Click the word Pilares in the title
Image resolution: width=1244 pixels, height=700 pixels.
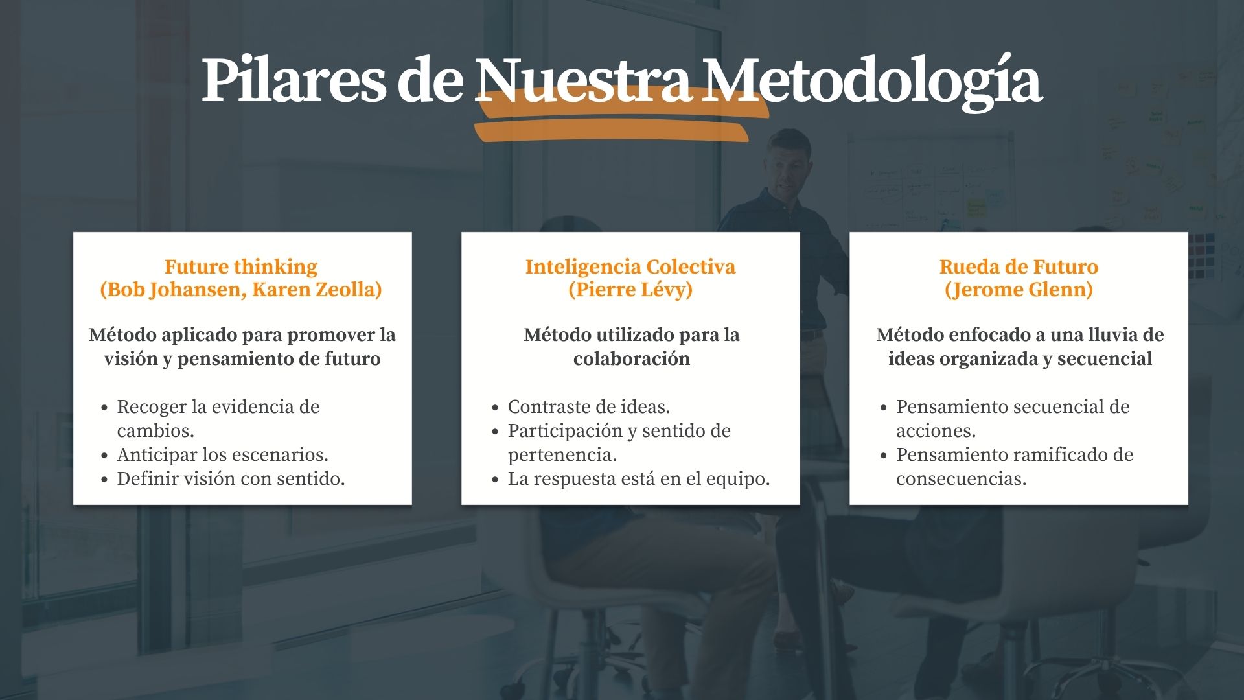pos(294,80)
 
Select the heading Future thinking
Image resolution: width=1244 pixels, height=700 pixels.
pos(241,266)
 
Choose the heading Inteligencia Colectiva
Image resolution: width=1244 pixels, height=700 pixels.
pos(630,266)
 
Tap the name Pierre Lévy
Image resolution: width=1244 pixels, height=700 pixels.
pos(630,290)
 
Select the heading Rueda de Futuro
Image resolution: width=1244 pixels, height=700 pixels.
pos(1019,266)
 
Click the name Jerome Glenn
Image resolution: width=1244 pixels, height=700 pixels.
pos(1019,290)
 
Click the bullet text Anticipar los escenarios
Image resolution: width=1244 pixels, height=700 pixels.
pos(223,454)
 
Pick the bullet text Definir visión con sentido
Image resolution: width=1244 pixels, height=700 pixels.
pos(231,478)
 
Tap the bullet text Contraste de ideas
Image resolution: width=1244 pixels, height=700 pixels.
pos(589,406)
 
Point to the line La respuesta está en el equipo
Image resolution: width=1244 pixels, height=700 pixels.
pos(639,478)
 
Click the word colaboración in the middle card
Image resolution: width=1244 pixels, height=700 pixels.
pos(632,358)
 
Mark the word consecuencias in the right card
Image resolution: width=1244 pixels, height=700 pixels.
pos(962,478)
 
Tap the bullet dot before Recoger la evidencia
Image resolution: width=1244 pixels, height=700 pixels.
pos(104,408)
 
